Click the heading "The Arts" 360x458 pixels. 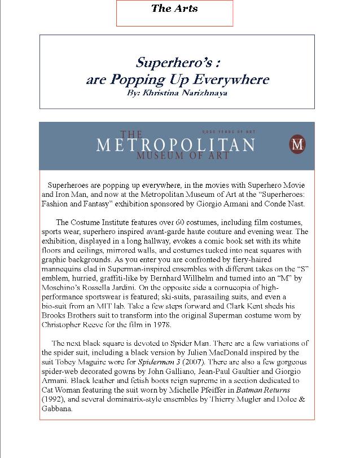click(x=174, y=8)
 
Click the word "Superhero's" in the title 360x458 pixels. click(x=165, y=61)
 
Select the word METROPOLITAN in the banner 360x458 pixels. click(x=175, y=145)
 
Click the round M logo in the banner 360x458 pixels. click(x=297, y=144)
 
